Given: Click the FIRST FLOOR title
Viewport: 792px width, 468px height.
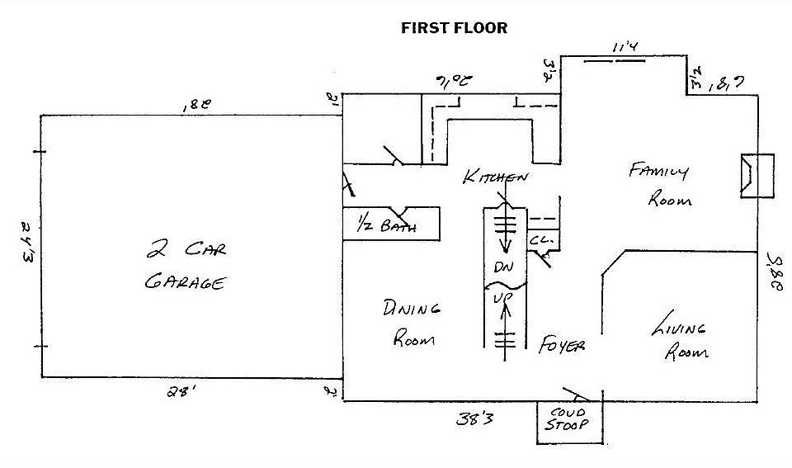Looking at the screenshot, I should point(454,28).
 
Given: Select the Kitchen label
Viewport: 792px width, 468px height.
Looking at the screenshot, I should point(494,176).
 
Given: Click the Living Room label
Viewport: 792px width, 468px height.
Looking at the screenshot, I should point(679,339).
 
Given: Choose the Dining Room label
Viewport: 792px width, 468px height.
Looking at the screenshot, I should point(410,322).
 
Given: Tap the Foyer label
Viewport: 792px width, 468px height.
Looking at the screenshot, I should point(562,345).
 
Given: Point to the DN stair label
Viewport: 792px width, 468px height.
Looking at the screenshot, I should point(503,268).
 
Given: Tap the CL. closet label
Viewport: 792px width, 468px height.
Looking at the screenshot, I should point(540,240).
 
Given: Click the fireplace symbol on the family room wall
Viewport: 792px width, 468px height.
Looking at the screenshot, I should point(755,176).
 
